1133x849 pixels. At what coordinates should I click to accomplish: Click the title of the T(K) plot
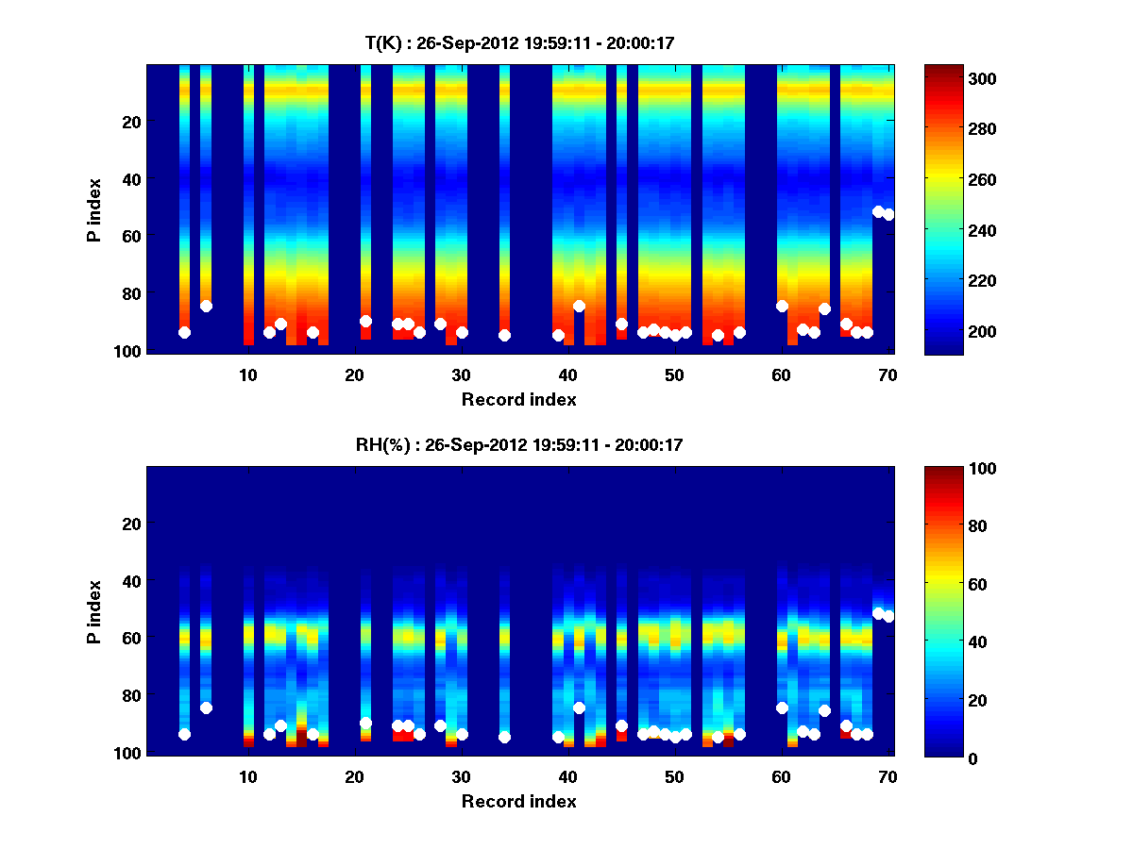519,43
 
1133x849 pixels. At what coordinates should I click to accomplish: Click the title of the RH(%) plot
519,445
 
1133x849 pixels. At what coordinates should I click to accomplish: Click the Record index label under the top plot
519,399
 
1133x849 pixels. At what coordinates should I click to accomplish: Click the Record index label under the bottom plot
519,801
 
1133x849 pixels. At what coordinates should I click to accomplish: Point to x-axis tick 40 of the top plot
567,375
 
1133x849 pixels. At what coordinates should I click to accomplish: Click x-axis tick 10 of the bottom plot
247,776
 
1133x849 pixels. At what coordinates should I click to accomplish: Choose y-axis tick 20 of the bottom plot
131,524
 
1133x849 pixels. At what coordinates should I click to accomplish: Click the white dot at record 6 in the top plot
206,306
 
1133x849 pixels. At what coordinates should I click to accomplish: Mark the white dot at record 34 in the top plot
504,335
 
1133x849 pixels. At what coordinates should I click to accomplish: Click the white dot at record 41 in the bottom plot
579,707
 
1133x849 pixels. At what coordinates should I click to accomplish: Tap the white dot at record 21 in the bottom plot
365,723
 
